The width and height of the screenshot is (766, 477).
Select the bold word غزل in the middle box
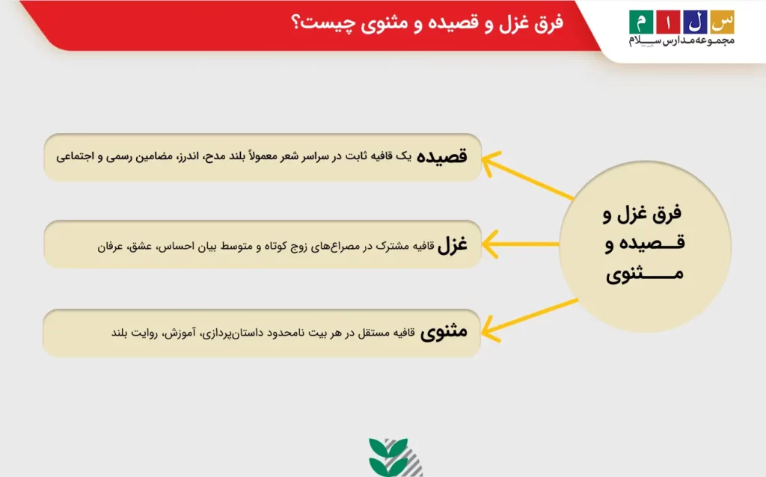452,244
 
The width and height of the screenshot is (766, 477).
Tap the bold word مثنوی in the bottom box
444,333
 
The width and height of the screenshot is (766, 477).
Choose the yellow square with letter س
723,22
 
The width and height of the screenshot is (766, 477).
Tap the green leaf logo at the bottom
389,455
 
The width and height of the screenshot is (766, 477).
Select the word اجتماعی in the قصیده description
74,157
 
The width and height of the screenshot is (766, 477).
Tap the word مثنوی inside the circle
644,274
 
